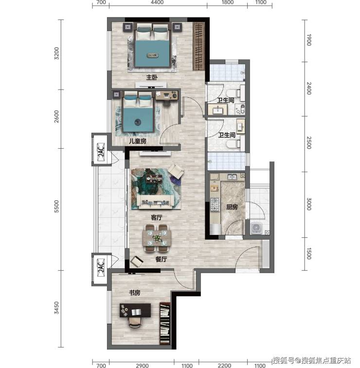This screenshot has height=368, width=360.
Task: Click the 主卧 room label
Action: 152,77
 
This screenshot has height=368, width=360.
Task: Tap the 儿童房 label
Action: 138,141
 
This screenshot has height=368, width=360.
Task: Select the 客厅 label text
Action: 156,218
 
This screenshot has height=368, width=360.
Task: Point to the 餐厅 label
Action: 161,259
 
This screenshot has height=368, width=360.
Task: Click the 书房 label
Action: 135,293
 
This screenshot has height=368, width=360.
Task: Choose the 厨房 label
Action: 232,207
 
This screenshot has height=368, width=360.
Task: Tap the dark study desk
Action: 135,310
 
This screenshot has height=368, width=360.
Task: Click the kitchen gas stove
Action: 215,204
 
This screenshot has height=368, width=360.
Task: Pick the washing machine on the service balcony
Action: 256,228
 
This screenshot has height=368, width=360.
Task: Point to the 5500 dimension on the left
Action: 56,206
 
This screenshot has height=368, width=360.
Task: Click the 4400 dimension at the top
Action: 157,2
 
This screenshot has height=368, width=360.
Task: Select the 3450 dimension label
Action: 56,308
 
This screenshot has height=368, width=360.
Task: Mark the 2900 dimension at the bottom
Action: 143,365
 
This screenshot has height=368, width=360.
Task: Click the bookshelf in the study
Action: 165,323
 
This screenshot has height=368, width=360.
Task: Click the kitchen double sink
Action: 232,176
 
